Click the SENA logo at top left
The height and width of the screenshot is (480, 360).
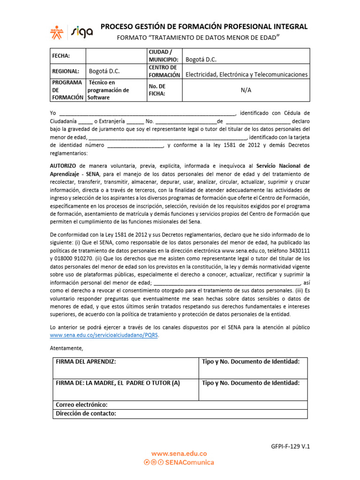tap(58, 31)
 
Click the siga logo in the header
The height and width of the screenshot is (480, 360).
tap(82, 31)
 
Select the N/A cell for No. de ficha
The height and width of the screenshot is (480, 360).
tap(246, 90)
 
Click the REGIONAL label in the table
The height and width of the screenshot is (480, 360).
tap(65, 71)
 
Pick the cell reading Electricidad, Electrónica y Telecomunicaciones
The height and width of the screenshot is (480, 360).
tap(247, 74)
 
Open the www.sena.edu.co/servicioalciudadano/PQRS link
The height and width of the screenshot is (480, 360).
tap(104, 336)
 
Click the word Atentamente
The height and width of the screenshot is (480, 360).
tap(67, 348)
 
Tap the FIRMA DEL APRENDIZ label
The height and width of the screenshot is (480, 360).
tap(86, 361)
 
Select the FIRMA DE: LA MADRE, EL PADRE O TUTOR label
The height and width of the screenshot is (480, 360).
tap(118, 383)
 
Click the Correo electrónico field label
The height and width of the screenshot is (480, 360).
tap(82, 405)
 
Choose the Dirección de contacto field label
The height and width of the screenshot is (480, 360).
tap(86, 413)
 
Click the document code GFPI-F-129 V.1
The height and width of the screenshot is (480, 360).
tap(291, 447)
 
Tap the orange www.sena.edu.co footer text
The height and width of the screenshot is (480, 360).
tap(179, 454)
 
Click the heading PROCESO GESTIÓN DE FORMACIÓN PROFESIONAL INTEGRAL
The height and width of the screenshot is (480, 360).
tap(204, 27)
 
